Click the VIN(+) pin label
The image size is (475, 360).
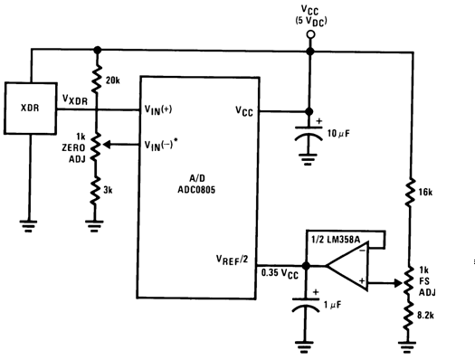click(160, 110)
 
